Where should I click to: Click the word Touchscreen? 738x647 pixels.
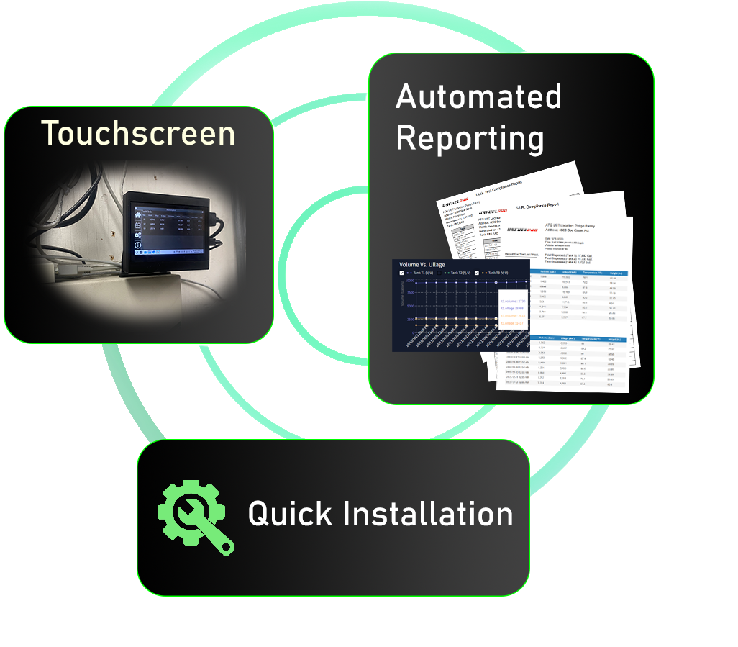point(138,134)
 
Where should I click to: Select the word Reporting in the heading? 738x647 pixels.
point(470,138)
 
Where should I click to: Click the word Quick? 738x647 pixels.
point(289,514)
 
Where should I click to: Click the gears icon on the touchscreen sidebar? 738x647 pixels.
point(137,235)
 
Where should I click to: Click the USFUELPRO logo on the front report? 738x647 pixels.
point(523,230)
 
